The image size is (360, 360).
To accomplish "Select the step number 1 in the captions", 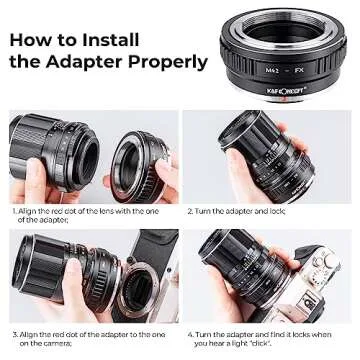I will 14,212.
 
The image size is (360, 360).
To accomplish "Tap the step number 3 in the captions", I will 14,332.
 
